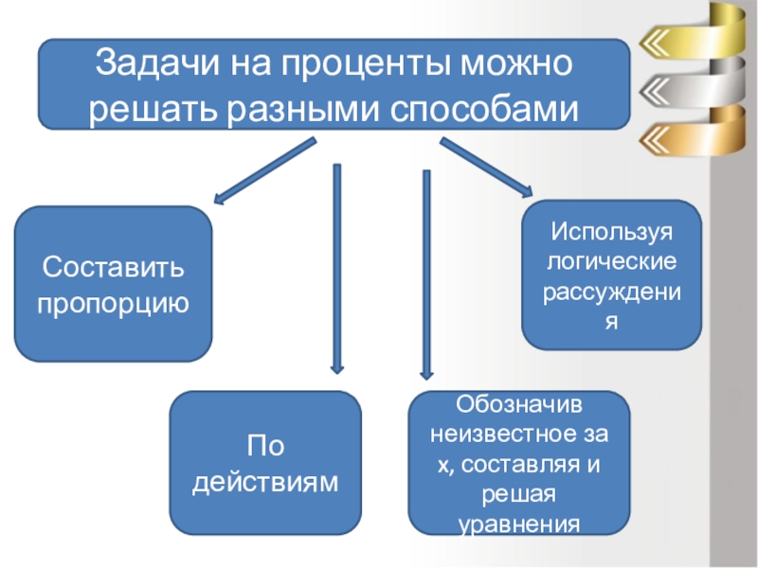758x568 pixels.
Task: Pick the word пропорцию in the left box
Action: pyautogui.click(x=113, y=304)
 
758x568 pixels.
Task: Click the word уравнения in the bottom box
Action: pyautogui.click(x=517, y=524)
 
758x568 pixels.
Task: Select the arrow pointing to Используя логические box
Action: pyautogui.click(x=486, y=169)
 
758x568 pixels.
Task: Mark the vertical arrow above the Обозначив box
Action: pyautogui.click(x=426, y=275)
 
